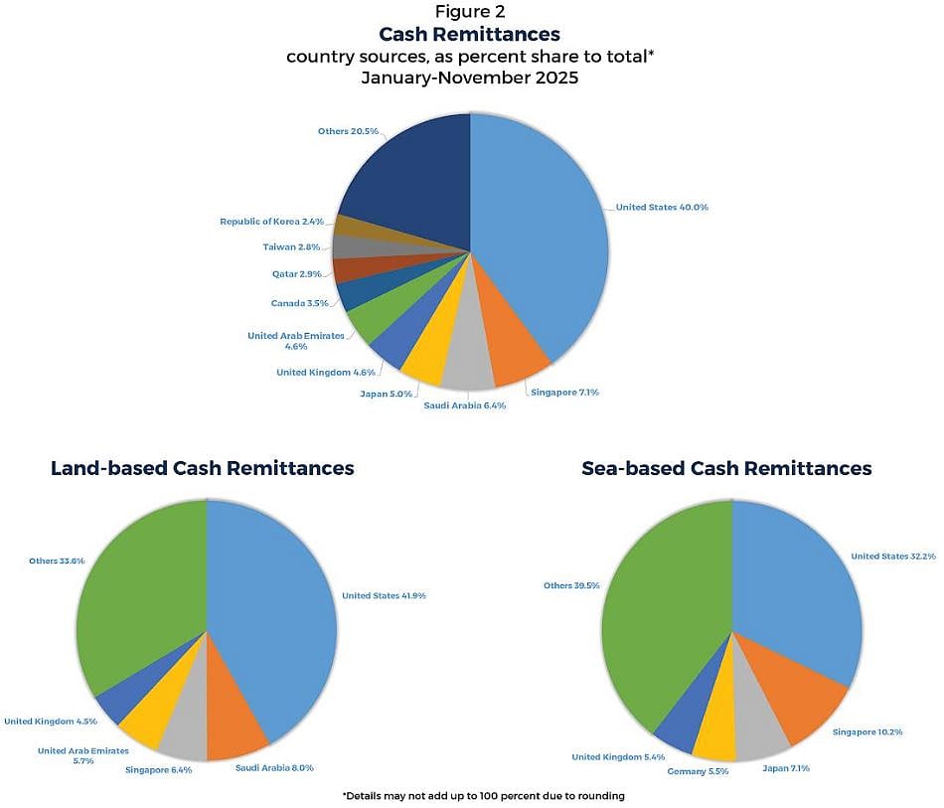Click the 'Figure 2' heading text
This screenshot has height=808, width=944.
470,12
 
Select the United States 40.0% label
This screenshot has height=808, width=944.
662,208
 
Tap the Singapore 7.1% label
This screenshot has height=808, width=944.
564,393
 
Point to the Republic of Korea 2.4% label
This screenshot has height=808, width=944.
271,222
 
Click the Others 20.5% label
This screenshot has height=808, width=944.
347,131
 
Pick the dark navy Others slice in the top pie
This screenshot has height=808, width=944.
407,179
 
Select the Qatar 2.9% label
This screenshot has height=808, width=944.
297,274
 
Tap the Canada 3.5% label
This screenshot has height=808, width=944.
299,304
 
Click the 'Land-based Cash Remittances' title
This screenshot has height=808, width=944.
203,468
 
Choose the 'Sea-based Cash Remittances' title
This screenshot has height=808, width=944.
726,468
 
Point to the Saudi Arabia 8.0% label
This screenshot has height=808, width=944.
275,768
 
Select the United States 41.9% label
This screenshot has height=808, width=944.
384,596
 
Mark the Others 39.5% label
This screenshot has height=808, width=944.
571,586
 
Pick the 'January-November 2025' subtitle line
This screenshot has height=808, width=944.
470,78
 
